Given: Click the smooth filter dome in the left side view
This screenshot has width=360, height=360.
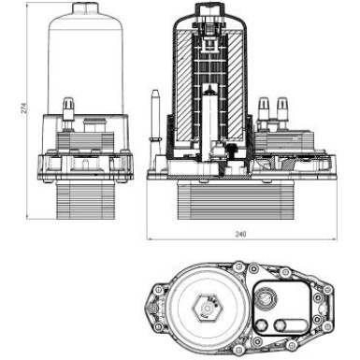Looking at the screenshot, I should (82, 56).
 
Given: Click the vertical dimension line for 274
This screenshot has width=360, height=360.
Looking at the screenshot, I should (23, 110).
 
